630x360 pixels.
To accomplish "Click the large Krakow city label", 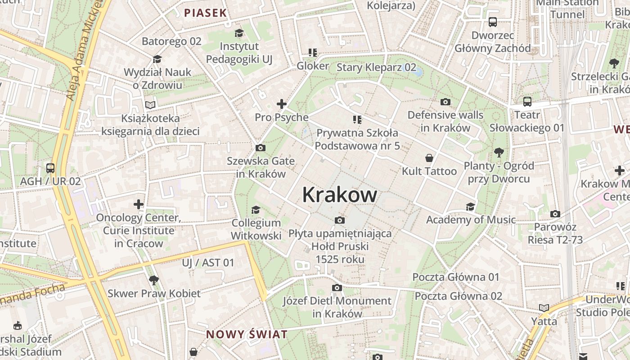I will (x=340, y=195).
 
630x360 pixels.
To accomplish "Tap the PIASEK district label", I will (x=205, y=13).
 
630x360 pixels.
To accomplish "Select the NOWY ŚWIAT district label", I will (x=247, y=334).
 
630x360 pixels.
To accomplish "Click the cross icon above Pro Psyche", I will (x=282, y=104).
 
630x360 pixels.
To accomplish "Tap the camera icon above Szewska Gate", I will (x=260, y=148).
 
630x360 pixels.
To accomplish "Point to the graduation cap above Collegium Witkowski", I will (x=256, y=210).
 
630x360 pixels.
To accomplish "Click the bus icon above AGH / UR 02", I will (x=50, y=168).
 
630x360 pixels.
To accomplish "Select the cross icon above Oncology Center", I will (x=139, y=204).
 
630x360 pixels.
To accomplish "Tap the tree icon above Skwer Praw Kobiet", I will (x=154, y=280).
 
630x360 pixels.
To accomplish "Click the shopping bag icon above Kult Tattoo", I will (x=429, y=158).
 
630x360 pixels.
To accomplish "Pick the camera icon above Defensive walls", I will (x=445, y=102).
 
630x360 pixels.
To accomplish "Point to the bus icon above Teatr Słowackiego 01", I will (x=527, y=102).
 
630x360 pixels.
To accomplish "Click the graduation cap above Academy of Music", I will (x=470, y=207).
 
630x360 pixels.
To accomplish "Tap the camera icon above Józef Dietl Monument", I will (x=337, y=288).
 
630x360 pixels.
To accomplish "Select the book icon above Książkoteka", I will (x=150, y=105).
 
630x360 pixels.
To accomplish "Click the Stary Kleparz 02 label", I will (x=376, y=67).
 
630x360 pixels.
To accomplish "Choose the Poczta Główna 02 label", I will (x=458, y=296).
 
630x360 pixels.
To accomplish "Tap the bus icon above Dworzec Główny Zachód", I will (x=493, y=22).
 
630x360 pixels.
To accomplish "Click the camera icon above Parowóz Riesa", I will (x=555, y=214).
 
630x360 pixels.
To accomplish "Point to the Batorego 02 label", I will (x=171, y=41).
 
